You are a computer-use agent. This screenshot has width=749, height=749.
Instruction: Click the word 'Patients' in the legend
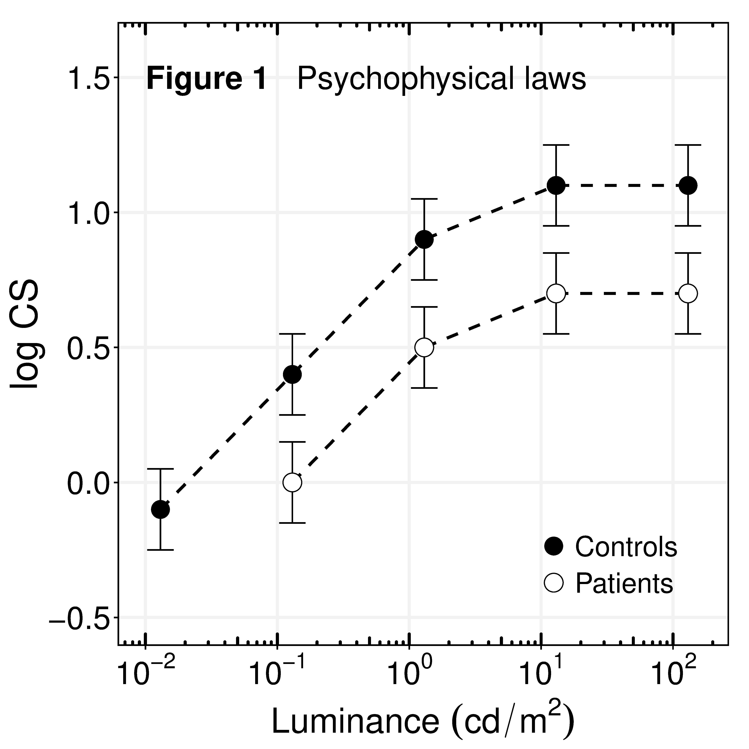click(624, 583)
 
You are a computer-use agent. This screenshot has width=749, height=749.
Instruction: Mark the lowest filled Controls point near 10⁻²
click(160, 509)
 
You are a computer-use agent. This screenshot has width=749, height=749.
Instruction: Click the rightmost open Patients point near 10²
click(688, 293)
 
